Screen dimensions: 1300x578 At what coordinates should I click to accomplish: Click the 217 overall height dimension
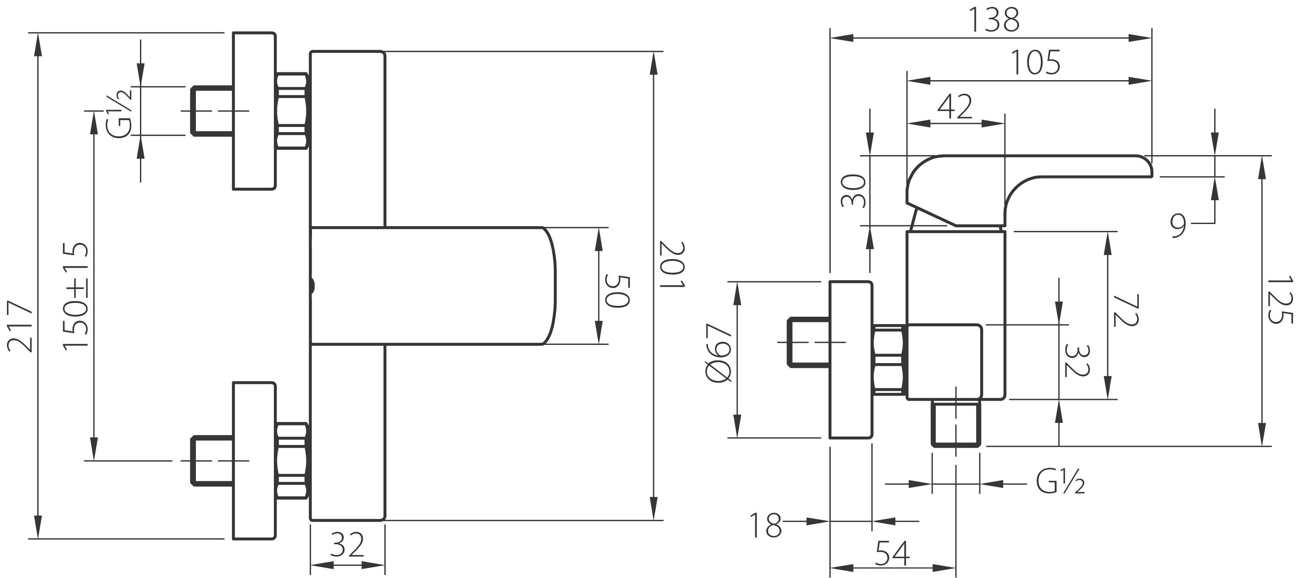click(x=20, y=325)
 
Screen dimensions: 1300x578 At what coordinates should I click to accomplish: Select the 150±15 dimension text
click(x=76, y=295)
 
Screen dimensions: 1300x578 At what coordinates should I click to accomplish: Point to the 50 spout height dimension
click(x=617, y=291)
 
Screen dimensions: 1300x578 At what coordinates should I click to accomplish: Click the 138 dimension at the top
click(x=994, y=20)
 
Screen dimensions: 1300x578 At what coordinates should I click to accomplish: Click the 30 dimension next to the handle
click(x=853, y=191)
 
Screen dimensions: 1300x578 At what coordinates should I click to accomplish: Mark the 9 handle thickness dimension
click(x=1178, y=226)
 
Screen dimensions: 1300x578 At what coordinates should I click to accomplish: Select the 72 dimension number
click(x=1125, y=310)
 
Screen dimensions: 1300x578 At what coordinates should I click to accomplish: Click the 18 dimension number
click(x=765, y=526)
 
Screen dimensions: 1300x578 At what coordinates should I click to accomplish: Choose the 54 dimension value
click(x=892, y=553)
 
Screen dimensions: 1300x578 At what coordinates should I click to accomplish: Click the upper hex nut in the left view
click(x=292, y=111)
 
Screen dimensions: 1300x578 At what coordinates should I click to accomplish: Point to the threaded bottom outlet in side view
click(x=956, y=423)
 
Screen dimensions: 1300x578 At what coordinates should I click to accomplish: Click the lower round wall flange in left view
click(x=254, y=461)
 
